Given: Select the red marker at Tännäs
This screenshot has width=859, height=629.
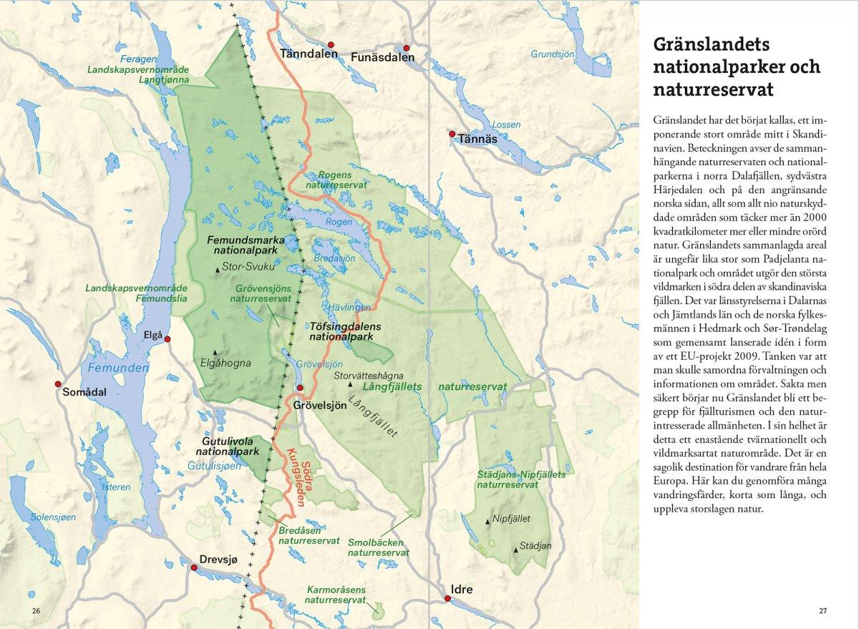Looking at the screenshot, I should [x=452, y=134].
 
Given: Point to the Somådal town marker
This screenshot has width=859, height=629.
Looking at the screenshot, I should [x=58, y=384].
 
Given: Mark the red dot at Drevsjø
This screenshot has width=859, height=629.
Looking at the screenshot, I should [x=194, y=567].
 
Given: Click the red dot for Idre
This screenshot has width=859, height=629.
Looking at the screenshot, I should [x=447, y=599].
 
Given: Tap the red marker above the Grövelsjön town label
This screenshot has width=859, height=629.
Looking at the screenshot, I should [x=301, y=388].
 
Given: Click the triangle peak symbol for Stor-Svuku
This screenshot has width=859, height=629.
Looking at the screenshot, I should [x=218, y=270].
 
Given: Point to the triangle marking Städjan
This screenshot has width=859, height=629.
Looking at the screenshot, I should [x=515, y=550].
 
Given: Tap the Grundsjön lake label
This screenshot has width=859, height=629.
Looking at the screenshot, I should [x=552, y=54].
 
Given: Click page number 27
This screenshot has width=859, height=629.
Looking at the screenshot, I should [x=823, y=610].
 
